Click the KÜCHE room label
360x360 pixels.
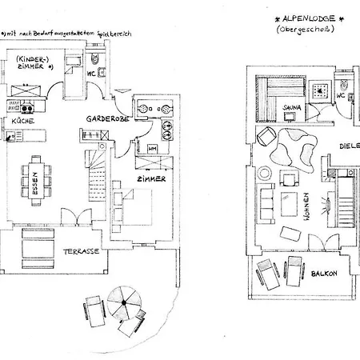tap(22, 120)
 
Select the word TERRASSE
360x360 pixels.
tap(82, 250)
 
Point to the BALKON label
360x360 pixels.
tap(324, 273)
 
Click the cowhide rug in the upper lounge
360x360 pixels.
tap(289, 150)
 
